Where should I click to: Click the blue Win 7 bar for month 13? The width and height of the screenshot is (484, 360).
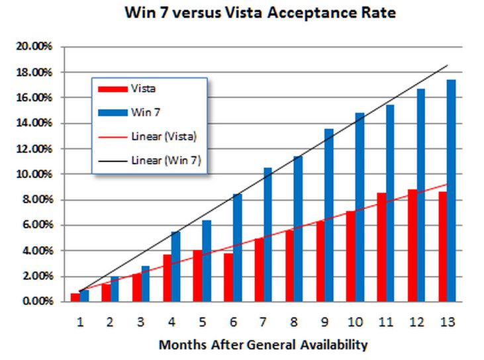(x=451, y=191)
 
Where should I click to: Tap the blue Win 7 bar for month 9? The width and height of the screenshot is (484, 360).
(x=329, y=215)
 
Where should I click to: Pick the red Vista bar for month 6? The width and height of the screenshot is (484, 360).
(x=228, y=277)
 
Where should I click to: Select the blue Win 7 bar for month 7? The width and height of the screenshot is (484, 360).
(x=268, y=234)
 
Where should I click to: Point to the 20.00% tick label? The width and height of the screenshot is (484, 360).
(x=36, y=46)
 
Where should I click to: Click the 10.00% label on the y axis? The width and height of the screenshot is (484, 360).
(x=36, y=174)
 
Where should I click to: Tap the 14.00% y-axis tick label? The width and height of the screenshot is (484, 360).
(x=36, y=123)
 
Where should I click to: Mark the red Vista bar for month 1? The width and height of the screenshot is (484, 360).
(x=75, y=297)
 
